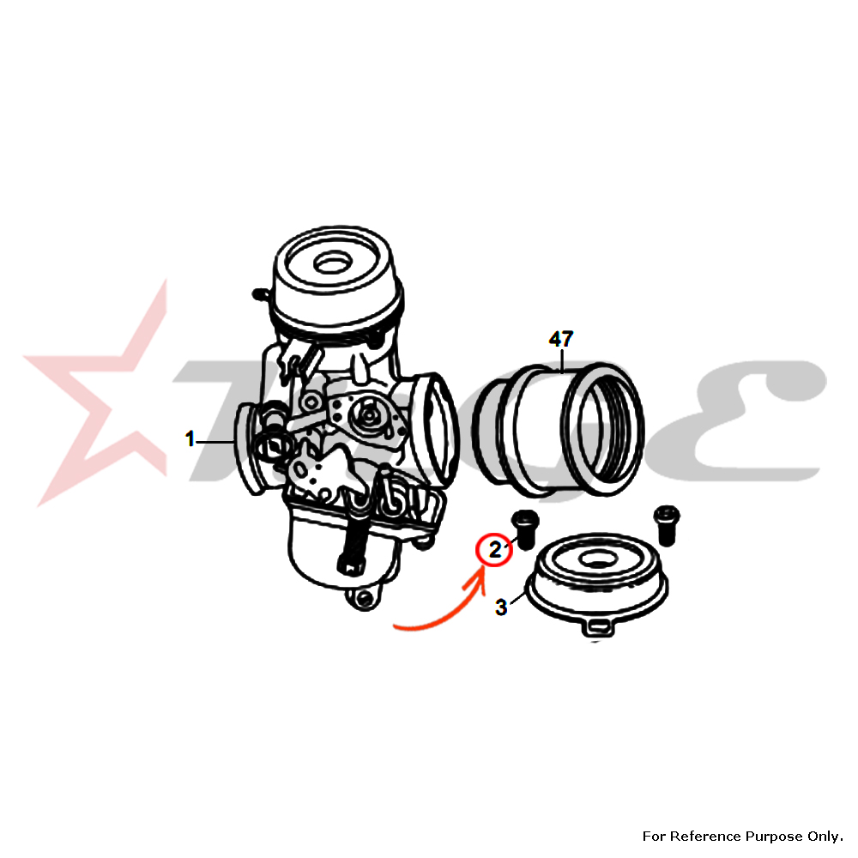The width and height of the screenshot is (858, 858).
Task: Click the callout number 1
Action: pos(190,438)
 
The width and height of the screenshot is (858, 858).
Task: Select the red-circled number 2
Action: pos(495,549)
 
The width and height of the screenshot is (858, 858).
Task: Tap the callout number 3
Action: pos(501,607)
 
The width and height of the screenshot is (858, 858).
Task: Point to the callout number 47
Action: pos(561,339)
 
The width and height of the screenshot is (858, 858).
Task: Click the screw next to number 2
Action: pos(525,529)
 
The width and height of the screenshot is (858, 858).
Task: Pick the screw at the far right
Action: pos(667,525)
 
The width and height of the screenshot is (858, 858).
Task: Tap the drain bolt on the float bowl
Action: pos(351,553)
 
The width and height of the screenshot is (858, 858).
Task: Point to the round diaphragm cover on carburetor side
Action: pos(371,414)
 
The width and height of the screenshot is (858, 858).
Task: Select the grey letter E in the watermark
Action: pos(754,420)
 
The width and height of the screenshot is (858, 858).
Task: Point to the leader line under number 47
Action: pos(562,360)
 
